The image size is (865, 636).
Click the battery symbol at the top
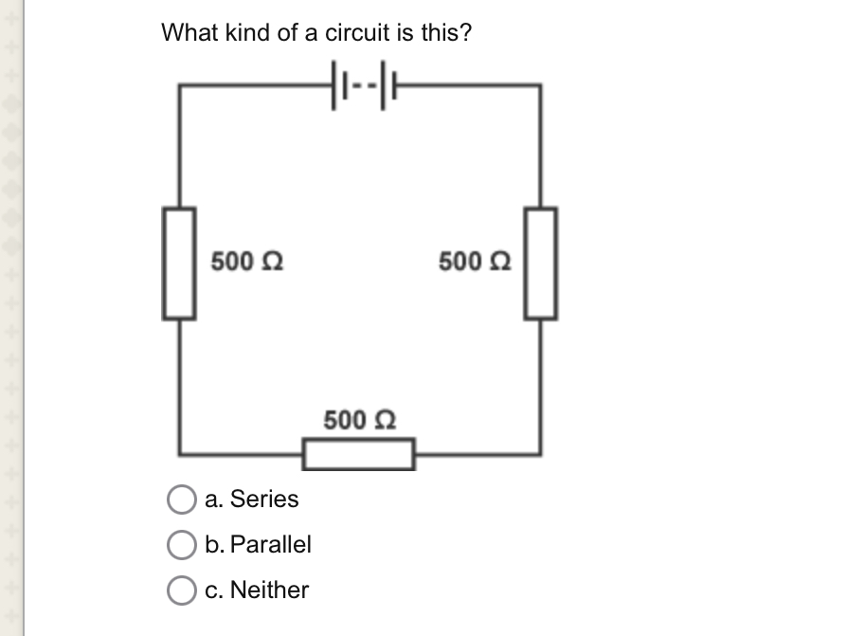click(x=361, y=84)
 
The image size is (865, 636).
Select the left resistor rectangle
click(x=181, y=263)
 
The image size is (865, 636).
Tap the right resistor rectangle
click(x=541, y=263)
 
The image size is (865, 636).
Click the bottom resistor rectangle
click(x=359, y=454)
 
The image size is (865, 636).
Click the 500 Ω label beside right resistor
click(x=475, y=260)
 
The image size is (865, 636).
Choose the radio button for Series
click(x=180, y=500)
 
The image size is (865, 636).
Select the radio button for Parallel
click(x=180, y=545)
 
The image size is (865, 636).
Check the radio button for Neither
click(x=180, y=591)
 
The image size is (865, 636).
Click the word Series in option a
click(x=264, y=499)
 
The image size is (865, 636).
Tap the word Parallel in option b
click(x=271, y=544)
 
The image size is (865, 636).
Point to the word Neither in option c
click(x=270, y=590)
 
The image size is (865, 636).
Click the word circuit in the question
click(x=356, y=33)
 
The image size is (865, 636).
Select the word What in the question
click(x=189, y=33)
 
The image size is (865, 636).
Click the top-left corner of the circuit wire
click(x=181, y=85)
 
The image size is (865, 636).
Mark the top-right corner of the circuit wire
click(x=541, y=85)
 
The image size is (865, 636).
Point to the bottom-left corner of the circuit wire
click(x=181, y=453)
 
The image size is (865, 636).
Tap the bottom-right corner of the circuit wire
click(x=541, y=453)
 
